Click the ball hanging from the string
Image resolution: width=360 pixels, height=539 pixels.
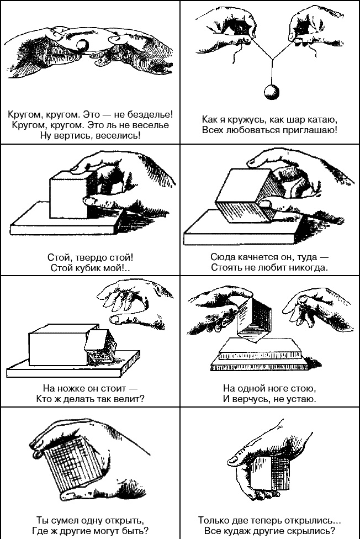click(271, 92)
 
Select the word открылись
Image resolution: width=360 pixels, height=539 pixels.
click(310, 520)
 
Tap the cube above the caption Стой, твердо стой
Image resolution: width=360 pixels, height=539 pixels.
click(72, 193)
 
